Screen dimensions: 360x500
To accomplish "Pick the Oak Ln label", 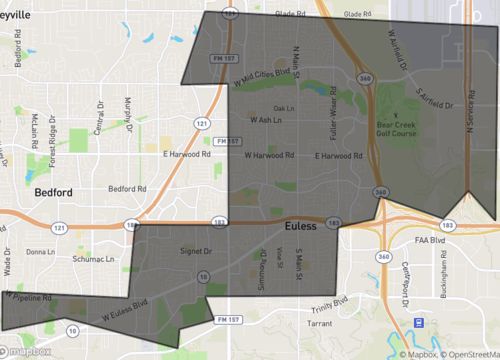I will [284, 108].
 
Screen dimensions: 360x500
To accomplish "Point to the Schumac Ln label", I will [99, 258].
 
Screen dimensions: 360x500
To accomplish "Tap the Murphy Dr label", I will [129, 112].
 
